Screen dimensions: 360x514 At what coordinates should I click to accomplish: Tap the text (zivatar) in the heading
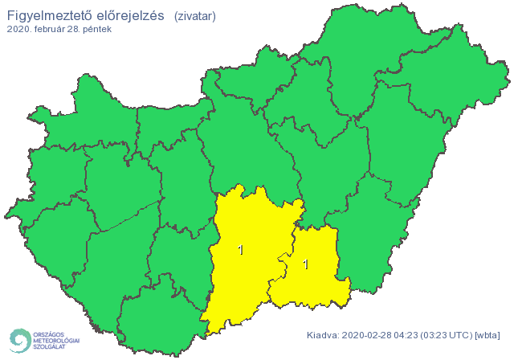click(194, 15)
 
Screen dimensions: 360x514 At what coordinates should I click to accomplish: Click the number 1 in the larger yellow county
click(240, 251)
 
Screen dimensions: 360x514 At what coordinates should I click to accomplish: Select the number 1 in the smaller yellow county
click(305, 264)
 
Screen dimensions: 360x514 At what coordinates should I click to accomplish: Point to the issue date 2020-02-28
click(368, 335)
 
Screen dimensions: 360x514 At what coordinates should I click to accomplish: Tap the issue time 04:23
click(410, 335)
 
